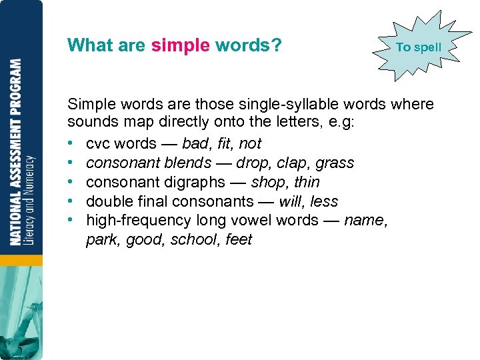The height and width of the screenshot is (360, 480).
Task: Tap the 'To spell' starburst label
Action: click(x=419, y=47)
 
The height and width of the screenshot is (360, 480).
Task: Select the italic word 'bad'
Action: click(x=195, y=143)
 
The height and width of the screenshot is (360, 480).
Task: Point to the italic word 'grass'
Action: click(x=335, y=163)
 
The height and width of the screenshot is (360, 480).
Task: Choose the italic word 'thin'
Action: click(x=307, y=182)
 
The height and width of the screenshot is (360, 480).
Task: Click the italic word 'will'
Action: click(x=291, y=201)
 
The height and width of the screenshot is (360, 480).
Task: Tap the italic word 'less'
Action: click(x=325, y=201)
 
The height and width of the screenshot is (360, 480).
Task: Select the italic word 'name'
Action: click(x=365, y=221)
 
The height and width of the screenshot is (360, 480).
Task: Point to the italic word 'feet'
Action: click(x=239, y=239)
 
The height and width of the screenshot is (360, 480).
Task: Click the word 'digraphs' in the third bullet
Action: click(x=193, y=183)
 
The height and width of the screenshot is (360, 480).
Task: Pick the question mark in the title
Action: click(x=276, y=45)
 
